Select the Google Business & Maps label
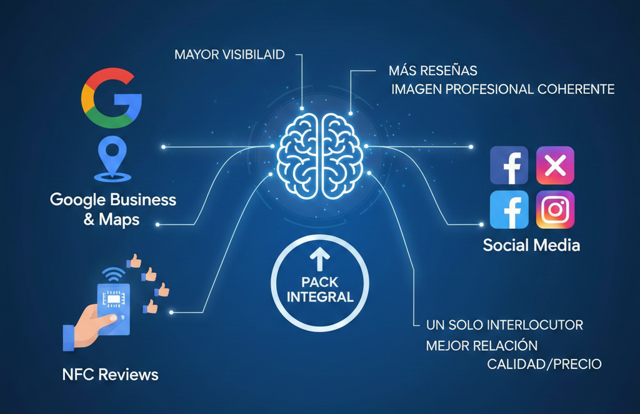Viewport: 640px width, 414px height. pyautogui.click(x=113, y=210)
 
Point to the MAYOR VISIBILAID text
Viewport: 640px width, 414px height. pyautogui.click(x=229, y=54)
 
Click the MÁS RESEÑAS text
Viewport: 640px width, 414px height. pyautogui.click(x=432, y=70)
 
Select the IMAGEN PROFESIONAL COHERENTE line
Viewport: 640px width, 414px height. pyautogui.click(x=502, y=89)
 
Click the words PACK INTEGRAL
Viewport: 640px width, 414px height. pyautogui.click(x=320, y=289)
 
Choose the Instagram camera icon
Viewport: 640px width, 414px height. pyautogui.click(x=555, y=210)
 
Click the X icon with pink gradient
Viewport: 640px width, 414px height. pyautogui.click(x=555, y=165)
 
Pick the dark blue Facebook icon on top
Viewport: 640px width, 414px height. pyautogui.click(x=509, y=166)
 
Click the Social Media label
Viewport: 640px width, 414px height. pyautogui.click(x=531, y=245)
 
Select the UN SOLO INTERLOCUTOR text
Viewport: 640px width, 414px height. pyautogui.click(x=504, y=325)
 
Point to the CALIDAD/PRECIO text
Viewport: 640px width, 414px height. pyautogui.click(x=544, y=364)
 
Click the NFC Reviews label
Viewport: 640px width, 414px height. pyautogui.click(x=110, y=375)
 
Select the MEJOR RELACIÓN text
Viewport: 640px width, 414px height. pyautogui.click(x=481, y=345)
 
